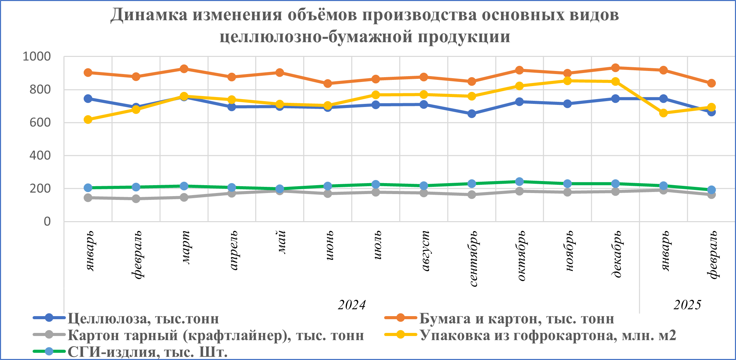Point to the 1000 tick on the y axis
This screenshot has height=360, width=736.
[x=36, y=57]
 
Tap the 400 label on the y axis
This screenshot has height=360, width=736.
[x=40, y=156]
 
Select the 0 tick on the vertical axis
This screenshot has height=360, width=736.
[x=47, y=221]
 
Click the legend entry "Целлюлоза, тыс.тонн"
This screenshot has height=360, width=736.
[x=143, y=319]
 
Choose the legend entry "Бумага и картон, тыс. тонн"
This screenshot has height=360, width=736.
[x=517, y=319]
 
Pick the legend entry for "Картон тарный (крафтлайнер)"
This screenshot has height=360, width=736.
[x=216, y=335]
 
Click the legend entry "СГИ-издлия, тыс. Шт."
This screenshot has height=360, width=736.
[x=147, y=352]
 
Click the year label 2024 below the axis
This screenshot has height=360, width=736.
[x=352, y=305]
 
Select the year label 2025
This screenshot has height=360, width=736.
[x=687, y=305]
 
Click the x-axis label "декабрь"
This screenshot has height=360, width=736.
[x=616, y=254]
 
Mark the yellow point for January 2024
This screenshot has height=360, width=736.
[x=88, y=120]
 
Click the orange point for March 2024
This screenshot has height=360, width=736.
[x=184, y=69]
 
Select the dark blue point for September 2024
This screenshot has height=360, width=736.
[x=472, y=113]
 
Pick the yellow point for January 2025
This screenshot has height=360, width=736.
[x=663, y=113]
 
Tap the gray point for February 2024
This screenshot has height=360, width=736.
[x=136, y=199]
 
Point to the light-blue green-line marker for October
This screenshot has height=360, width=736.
[x=520, y=181]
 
